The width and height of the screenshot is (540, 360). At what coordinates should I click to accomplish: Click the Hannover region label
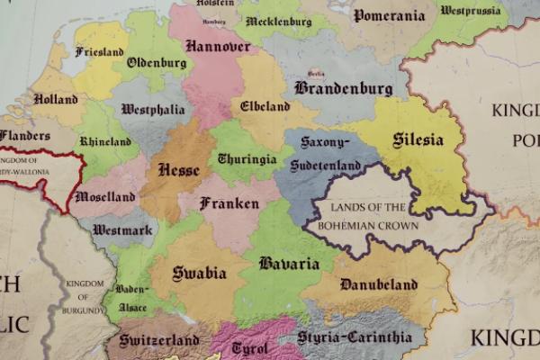(217, 45)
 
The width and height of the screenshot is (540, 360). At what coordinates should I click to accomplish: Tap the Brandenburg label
(343, 88)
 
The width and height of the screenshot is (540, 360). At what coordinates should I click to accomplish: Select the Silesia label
(418, 140)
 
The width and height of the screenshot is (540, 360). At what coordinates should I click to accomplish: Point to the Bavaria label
(289, 264)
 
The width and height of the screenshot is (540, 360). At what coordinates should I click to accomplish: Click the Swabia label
(199, 273)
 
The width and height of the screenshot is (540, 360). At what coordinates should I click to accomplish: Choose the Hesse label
(178, 169)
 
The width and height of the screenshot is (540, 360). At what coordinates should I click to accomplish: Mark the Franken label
(229, 203)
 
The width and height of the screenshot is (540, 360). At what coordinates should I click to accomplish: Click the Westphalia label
(153, 110)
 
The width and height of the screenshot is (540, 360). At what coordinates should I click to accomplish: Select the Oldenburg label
(157, 63)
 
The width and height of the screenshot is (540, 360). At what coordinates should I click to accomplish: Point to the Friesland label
(100, 51)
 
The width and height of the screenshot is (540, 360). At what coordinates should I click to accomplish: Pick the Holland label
(55, 99)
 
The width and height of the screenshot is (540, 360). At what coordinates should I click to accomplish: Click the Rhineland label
(105, 142)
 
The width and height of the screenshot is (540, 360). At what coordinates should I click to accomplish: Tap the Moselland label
(105, 196)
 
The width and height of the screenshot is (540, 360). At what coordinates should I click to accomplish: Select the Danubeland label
(380, 285)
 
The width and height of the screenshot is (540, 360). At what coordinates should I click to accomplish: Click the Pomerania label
(388, 15)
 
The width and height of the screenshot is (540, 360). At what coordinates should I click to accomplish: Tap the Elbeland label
(265, 105)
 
